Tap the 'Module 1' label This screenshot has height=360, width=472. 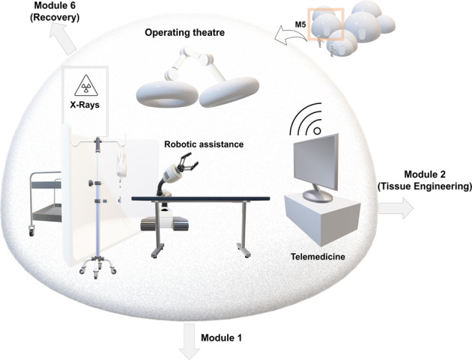pyautogui.click(x=222, y=338)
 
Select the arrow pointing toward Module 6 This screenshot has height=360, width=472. pyautogui.click(x=64, y=43)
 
